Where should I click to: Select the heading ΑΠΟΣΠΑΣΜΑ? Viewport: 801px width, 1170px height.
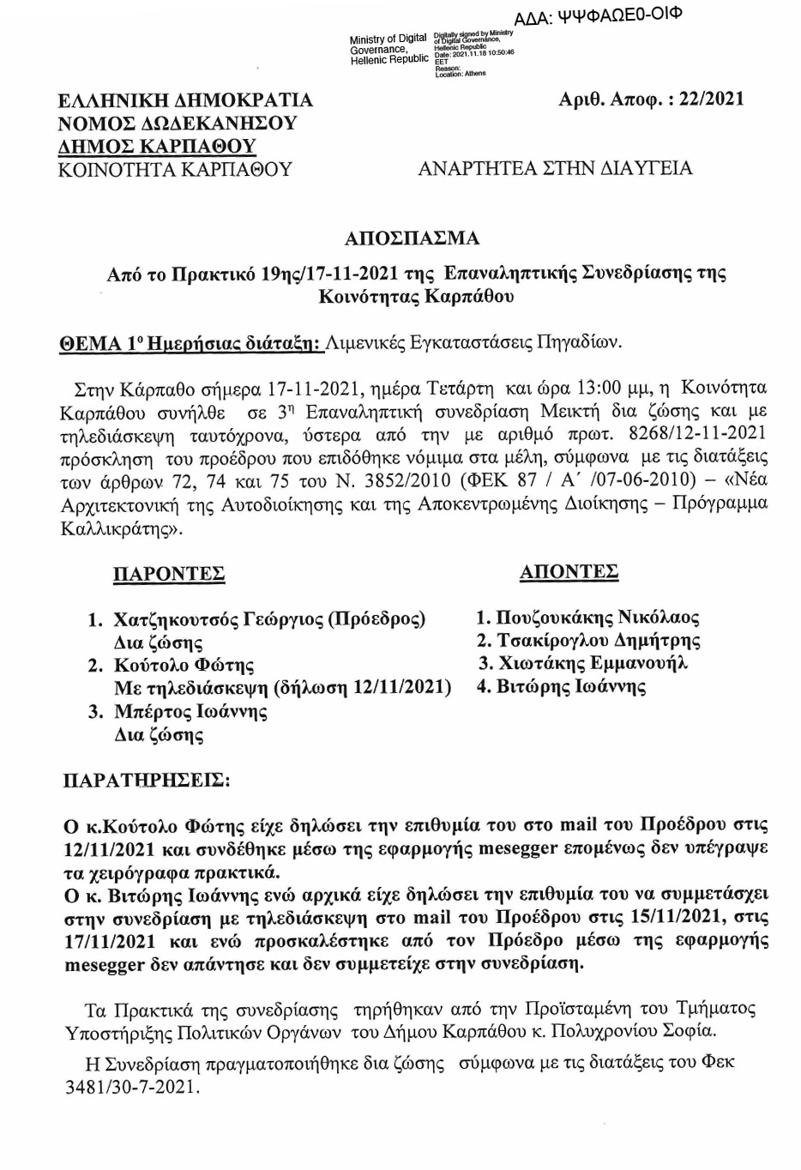tap(412, 238)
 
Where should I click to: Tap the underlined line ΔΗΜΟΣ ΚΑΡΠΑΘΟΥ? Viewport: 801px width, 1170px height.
tap(157, 146)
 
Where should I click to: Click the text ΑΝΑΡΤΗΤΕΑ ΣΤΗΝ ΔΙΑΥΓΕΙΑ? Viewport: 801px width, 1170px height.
tap(555, 168)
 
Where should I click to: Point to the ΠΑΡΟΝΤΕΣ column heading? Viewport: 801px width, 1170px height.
tap(169, 574)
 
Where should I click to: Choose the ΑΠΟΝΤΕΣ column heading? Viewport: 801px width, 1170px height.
tap(569, 572)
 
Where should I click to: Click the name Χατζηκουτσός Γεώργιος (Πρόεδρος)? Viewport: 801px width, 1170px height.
tap(269, 619)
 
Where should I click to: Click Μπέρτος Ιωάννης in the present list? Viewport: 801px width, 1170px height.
tap(190, 712)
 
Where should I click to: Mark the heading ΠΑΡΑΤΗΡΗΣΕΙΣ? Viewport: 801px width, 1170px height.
tap(147, 781)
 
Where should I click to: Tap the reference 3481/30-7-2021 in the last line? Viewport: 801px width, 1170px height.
tap(130, 1087)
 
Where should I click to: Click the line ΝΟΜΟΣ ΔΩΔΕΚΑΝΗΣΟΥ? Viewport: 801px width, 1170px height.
tap(178, 123)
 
